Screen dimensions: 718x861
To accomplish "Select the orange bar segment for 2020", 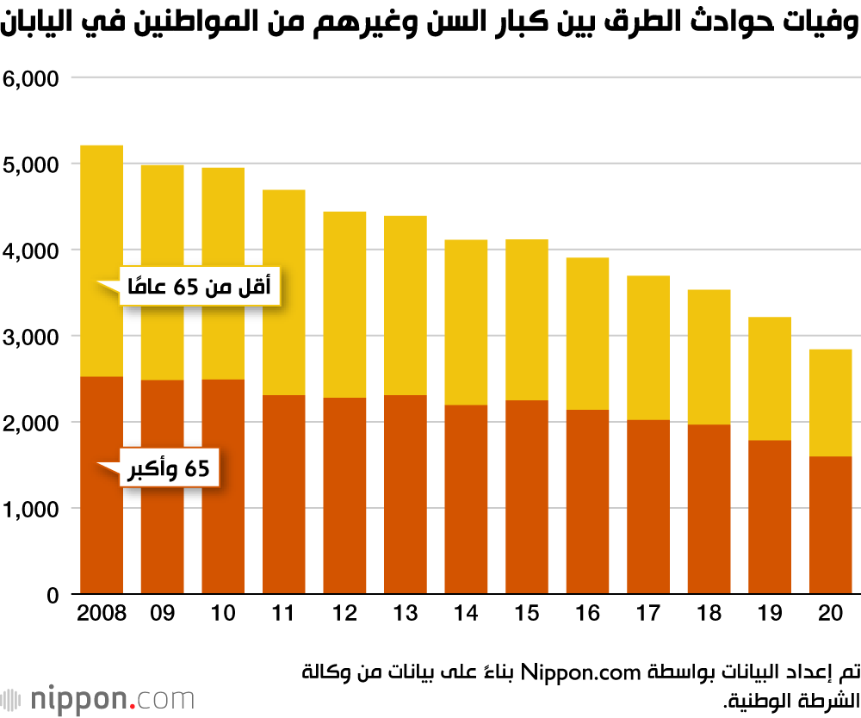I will coord(830,525).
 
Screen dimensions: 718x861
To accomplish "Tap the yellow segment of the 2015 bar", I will coord(527,319).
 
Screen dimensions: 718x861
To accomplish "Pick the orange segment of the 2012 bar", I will coord(344,495).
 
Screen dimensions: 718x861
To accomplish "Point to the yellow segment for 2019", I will coord(770,379).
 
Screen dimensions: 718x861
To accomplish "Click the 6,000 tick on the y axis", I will coord(30,78).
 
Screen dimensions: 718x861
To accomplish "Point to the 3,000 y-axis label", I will coord(30,337).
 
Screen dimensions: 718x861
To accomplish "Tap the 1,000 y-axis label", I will coord(30,509).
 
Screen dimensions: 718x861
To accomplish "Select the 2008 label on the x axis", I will coord(102,614).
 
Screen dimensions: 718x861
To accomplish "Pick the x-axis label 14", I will coord(466,614).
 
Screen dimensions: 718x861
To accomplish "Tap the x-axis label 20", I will coord(830,614).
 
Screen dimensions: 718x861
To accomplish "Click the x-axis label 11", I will coord(283,614).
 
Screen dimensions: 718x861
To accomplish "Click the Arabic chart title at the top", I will coord(430,25).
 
